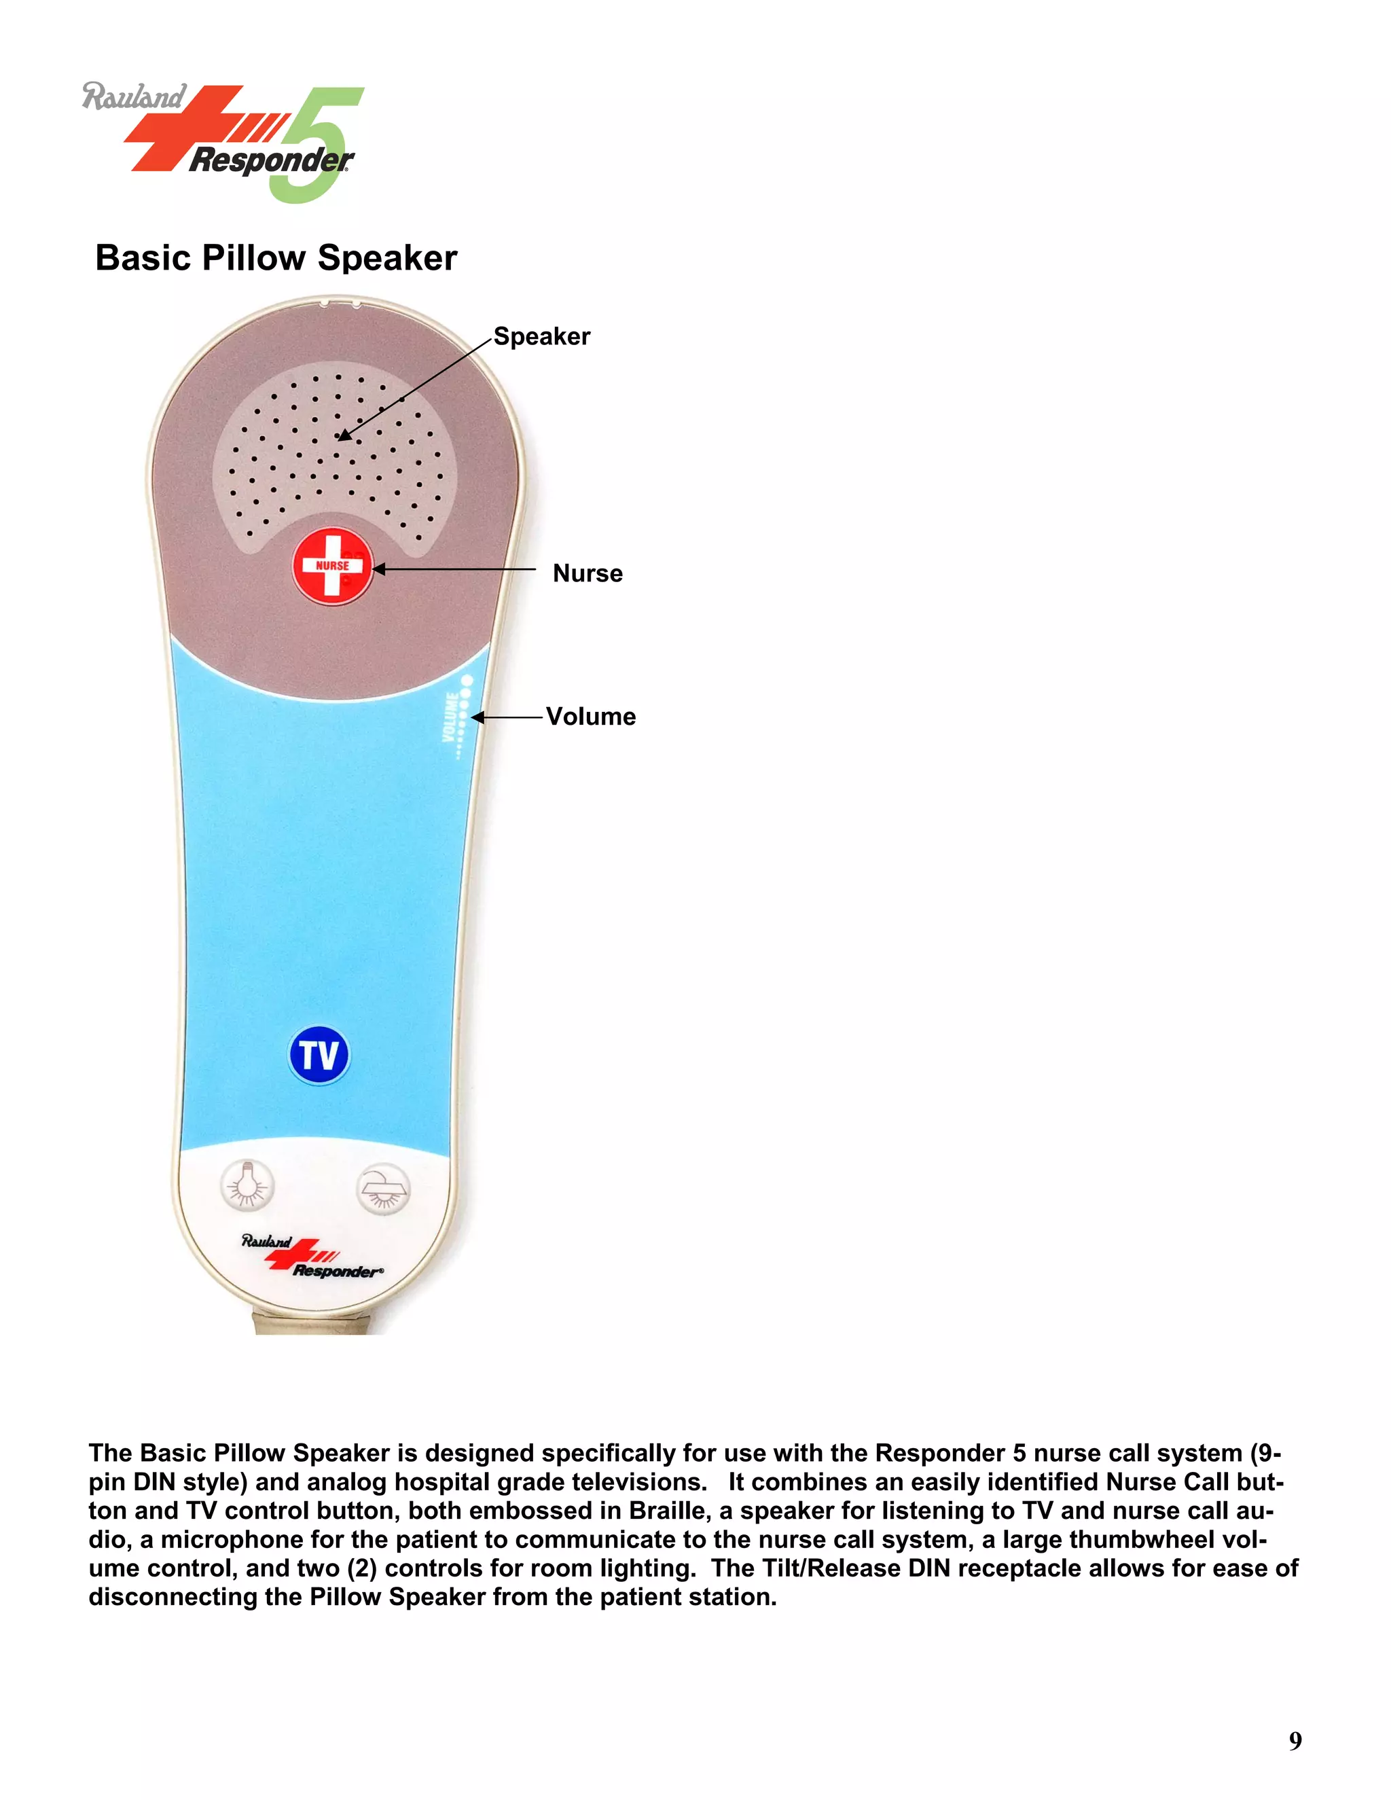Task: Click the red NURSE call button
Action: (332, 566)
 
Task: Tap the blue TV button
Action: (319, 1055)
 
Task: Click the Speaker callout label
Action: (541, 336)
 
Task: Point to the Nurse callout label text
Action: (588, 574)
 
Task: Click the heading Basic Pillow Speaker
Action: (276, 258)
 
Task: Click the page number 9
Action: (1295, 1741)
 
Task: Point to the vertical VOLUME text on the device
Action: (451, 717)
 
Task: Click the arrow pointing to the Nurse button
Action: (453, 569)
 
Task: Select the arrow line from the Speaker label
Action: (416, 387)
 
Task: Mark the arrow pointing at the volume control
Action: (507, 718)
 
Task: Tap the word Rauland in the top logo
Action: (134, 97)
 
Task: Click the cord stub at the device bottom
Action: (310, 1322)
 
